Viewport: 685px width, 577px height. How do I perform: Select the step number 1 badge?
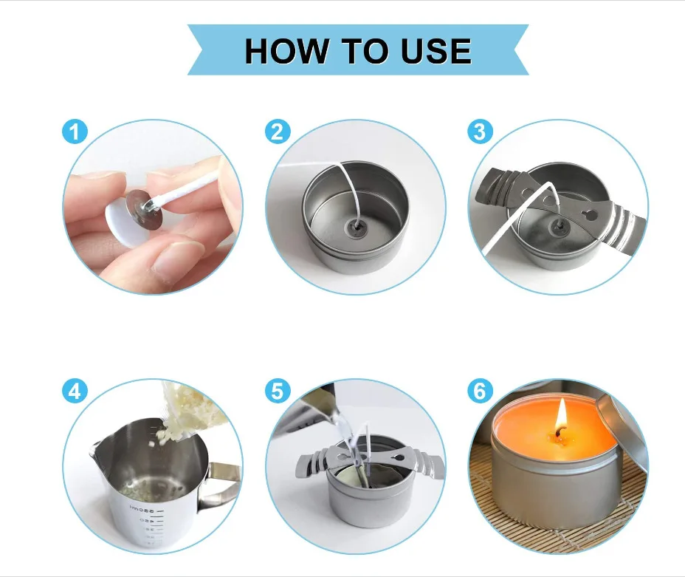click(75, 132)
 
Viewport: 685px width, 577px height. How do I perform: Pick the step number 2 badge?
click(278, 132)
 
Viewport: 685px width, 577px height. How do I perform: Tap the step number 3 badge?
click(480, 132)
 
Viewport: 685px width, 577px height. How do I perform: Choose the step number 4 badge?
click(75, 391)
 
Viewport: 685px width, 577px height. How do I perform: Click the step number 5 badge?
click(278, 391)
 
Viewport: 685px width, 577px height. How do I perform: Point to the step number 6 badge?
click(480, 391)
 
